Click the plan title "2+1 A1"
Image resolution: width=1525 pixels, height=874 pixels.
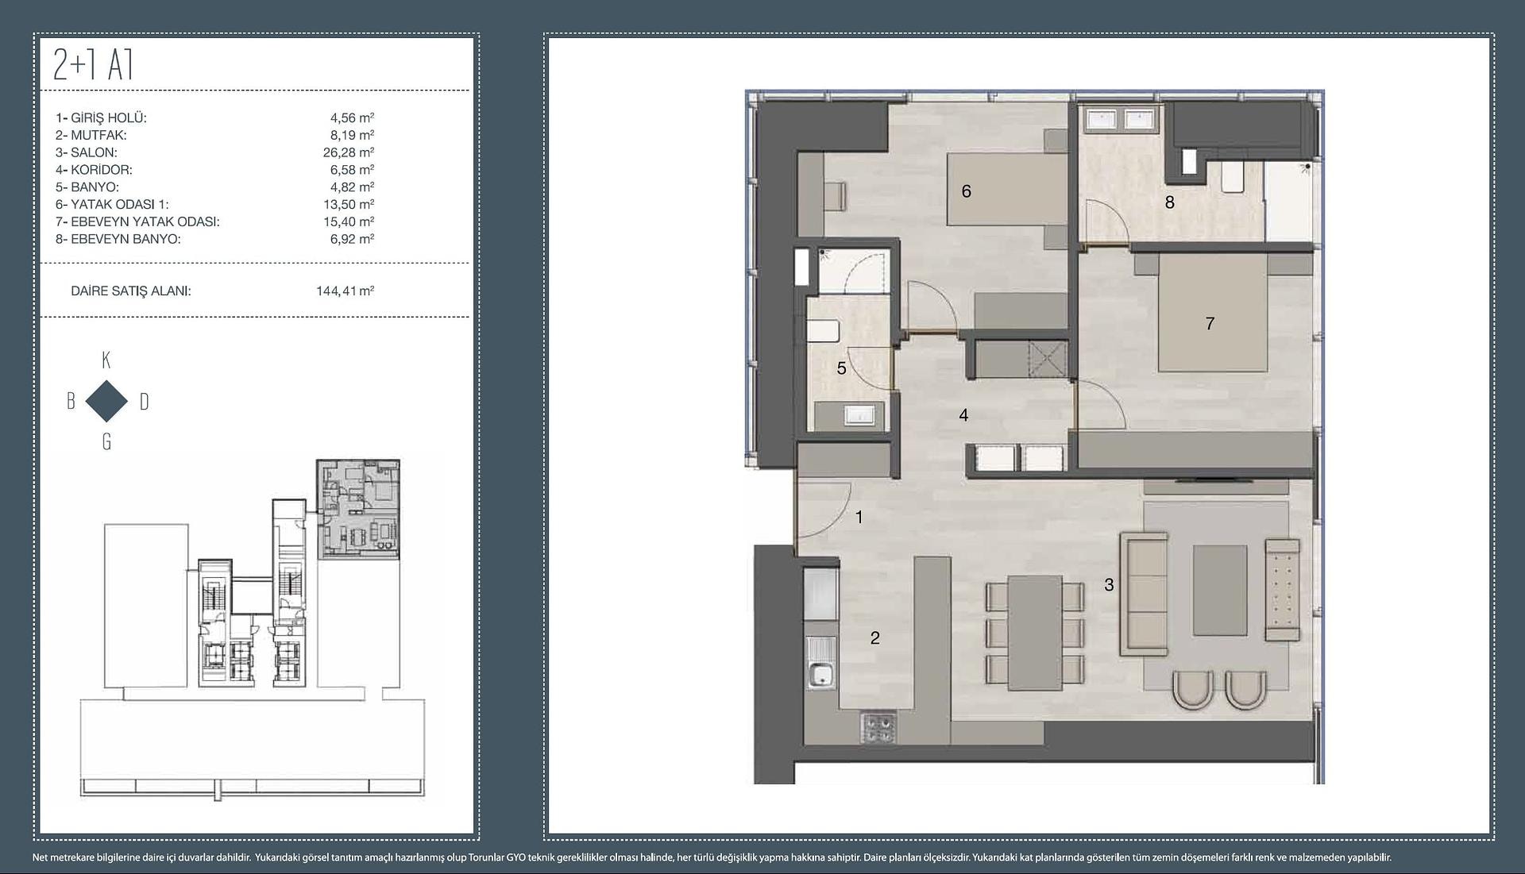click(93, 65)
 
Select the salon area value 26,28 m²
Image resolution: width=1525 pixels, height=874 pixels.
click(349, 152)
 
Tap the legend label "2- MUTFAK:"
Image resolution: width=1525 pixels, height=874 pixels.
click(91, 135)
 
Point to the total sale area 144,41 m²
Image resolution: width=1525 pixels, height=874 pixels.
click(346, 291)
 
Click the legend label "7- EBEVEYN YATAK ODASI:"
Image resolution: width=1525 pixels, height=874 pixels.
click(137, 221)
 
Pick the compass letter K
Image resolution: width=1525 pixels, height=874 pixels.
click(106, 360)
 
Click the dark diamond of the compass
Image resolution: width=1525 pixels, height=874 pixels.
click(106, 401)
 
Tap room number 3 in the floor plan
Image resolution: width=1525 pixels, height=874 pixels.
click(1109, 585)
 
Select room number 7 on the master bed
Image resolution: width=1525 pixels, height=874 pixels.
click(1210, 323)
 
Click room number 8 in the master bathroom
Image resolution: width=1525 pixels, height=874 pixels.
click(1169, 202)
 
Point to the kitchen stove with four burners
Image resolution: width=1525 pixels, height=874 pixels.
click(878, 729)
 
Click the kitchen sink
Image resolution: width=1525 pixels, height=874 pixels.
click(820, 662)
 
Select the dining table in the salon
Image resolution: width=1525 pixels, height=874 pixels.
click(1035, 633)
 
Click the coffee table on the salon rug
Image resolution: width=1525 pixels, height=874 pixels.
click(1219, 590)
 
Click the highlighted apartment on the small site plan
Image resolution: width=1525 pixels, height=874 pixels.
click(358, 508)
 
